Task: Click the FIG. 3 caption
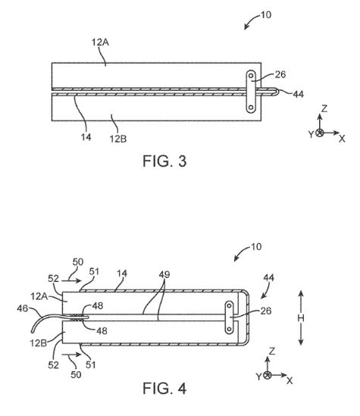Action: tap(164, 161)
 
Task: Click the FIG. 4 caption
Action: tap(164, 388)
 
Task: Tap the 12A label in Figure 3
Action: tap(100, 42)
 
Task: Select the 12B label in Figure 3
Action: tap(118, 139)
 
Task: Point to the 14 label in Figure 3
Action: tap(86, 137)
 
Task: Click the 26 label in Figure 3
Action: tap(280, 74)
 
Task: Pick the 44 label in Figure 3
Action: tap(298, 94)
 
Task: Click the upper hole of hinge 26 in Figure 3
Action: tap(251, 76)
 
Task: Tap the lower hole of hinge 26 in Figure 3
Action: tap(251, 108)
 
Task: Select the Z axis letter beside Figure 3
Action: tap(324, 108)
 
